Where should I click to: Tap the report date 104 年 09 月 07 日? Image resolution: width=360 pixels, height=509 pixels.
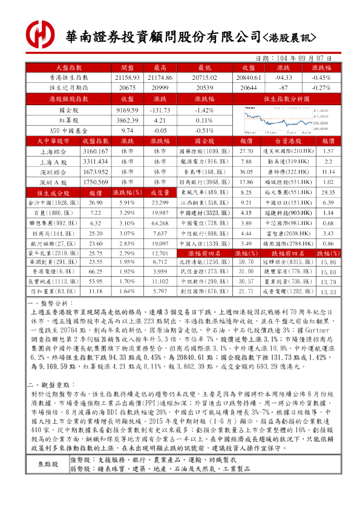click(x=299, y=58)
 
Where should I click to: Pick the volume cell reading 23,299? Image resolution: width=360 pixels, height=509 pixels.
click(x=160, y=203)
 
